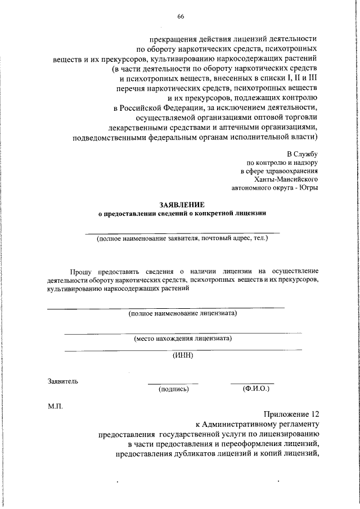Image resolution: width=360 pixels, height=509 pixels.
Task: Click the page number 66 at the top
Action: point(181,16)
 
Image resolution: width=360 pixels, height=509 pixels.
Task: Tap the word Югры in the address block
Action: point(308,188)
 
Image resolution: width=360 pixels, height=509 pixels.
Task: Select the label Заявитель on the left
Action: point(63,381)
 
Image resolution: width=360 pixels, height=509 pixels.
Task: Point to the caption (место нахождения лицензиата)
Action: point(183,339)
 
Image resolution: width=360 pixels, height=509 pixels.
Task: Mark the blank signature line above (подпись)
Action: point(173,384)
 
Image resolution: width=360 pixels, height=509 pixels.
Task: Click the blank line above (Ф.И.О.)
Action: point(252,384)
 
